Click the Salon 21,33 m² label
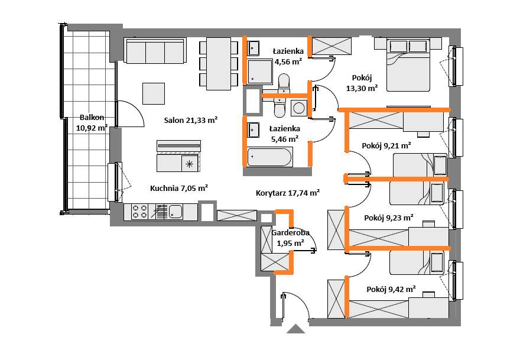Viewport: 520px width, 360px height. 191,120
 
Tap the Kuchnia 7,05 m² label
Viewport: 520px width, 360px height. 179,189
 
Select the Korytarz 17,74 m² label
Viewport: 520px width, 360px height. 288,193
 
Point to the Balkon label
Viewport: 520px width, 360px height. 92,118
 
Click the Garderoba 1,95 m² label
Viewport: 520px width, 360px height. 291,238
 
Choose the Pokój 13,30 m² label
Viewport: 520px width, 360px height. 362,83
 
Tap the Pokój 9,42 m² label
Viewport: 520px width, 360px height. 391,289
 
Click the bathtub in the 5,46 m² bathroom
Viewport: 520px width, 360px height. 269,157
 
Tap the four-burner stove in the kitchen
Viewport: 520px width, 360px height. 139,212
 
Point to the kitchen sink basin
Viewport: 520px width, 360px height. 175,212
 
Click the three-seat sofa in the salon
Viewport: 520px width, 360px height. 155,50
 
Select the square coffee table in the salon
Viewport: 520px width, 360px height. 154,93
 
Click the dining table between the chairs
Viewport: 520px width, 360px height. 219,64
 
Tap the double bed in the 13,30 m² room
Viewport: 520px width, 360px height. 408,64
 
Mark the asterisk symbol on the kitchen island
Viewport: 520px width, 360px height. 190,164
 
